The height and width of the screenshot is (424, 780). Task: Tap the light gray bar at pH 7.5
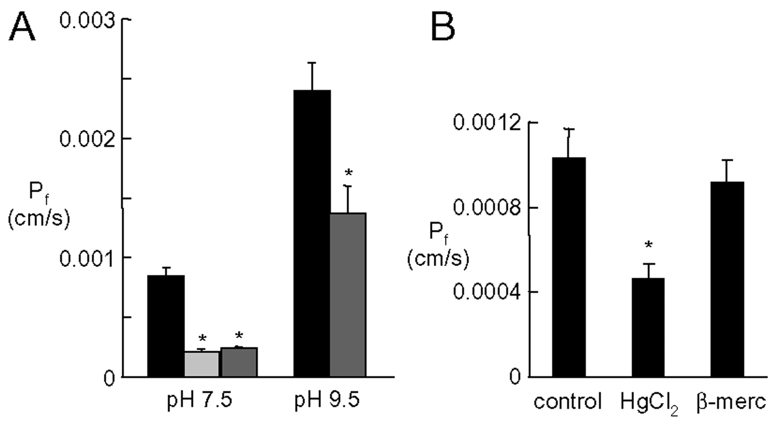coord(202,364)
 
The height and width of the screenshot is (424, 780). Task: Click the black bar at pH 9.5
coord(312,234)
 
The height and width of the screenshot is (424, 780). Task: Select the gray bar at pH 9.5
coord(348,295)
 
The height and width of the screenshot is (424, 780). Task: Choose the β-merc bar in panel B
coord(727,279)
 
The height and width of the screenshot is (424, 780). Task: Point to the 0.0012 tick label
coord(487,123)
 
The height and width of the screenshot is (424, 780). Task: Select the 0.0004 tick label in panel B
coord(487,292)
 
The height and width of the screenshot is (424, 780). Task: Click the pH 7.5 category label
coord(200,401)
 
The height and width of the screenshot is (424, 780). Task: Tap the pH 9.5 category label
coord(327,401)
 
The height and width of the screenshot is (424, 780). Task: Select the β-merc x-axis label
coord(731,402)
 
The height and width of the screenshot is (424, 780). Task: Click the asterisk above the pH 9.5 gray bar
coord(348,174)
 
